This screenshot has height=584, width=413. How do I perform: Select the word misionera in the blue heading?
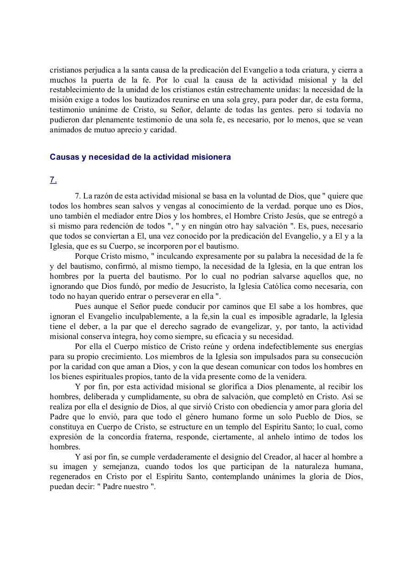coord(211,157)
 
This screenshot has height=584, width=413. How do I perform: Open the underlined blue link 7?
coord(53,180)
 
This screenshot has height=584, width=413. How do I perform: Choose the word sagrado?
coord(216,326)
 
